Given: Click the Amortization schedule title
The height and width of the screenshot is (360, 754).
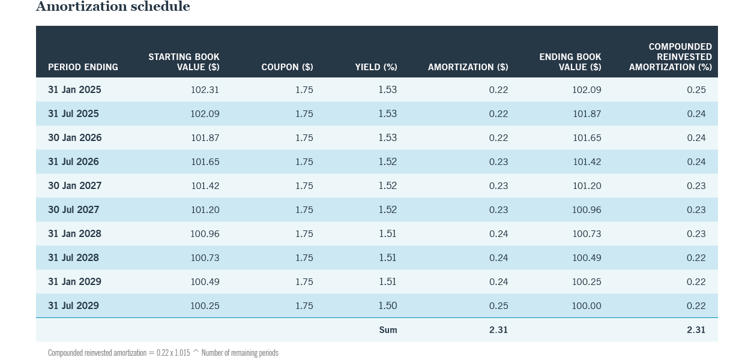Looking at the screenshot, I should point(113,7).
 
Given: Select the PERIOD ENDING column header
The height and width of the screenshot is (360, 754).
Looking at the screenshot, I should point(83,67).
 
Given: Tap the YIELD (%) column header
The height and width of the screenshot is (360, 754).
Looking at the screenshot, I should point(376,67).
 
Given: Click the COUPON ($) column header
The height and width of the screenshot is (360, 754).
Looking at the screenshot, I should point(287,67).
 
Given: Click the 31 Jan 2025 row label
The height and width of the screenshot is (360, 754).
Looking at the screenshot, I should point(74,90).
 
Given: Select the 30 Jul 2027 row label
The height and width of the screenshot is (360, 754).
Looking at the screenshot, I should point(73,210).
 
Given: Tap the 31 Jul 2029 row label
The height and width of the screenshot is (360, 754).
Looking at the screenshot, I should point(73,306).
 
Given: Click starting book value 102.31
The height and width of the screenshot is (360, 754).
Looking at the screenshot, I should point(205,90).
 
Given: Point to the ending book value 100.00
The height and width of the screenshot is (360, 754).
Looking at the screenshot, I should point(586,306).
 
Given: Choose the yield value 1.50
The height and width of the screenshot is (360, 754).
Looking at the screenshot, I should point(387,306).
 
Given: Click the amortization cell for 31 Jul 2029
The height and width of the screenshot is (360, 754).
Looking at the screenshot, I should point(498,306).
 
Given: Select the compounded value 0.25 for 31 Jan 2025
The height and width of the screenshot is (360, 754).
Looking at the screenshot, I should point(696,90).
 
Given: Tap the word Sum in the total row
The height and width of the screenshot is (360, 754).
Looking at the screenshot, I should point(388,330).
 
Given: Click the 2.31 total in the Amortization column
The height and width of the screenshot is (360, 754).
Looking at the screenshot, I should point(498,330).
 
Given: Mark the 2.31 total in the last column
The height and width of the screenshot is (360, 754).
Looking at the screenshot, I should point(696,330).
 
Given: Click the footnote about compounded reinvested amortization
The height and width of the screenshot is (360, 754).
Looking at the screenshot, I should point(163,353).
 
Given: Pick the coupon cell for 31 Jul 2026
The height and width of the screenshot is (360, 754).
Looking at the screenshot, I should point(304,162).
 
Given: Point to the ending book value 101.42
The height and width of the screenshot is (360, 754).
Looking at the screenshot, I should point(587,162).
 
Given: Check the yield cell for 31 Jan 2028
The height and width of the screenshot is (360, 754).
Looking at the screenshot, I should point(387,234).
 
